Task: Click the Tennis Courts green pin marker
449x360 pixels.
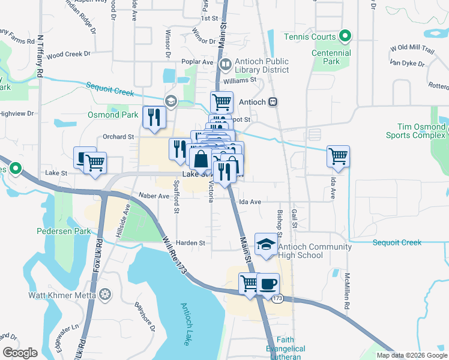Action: click(x=345, y=37)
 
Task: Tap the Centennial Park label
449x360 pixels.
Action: click(x=331, y=57)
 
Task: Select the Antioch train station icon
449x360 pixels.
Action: click(x=273, y=101)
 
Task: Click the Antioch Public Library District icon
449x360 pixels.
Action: click(x=226, y=64)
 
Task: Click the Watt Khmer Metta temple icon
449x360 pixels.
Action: click(x=106, y=295)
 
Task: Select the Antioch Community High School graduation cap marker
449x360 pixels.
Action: click(x=265, y=245)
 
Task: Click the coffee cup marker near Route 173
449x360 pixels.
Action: click(x=268, y=284)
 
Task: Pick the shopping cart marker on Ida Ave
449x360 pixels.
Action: click(x=339, y=156)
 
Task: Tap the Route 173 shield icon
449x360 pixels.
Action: click(x=277, y=298)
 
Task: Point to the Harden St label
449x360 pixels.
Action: click(x=192, y=243)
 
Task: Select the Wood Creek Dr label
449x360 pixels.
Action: click(x=68, y=54)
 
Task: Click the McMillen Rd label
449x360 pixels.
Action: click(x=347, y=290)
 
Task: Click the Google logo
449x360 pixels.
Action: click(x=20, y=353)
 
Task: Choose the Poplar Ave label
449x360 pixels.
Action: click(x=200, y=62)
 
